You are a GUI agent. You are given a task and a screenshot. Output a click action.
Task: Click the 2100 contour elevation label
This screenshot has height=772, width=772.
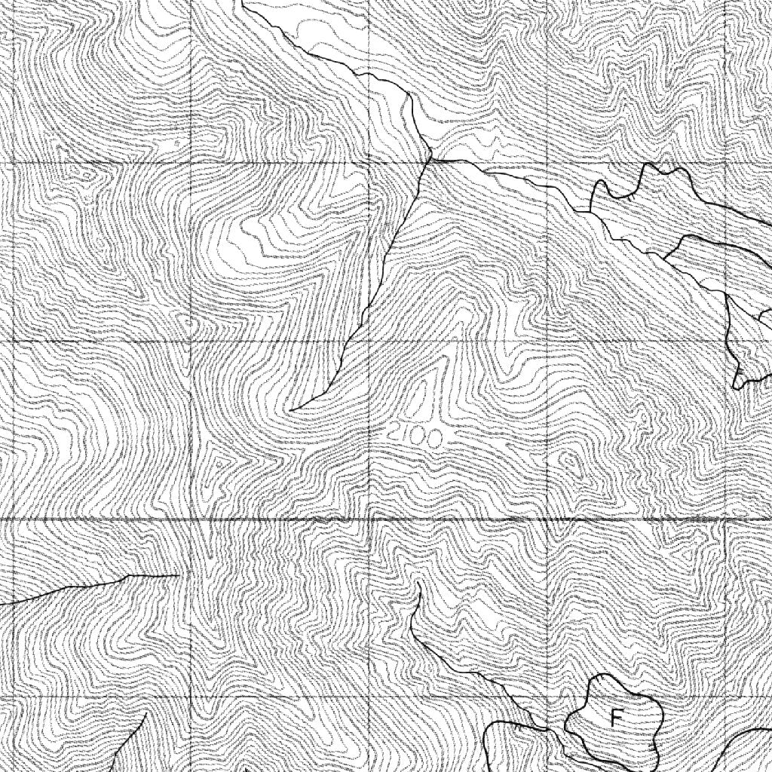click(415, 436)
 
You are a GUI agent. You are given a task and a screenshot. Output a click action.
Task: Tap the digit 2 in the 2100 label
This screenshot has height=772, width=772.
click(393, 433)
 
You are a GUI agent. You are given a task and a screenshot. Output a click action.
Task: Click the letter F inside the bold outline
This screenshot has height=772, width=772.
click(616, 718)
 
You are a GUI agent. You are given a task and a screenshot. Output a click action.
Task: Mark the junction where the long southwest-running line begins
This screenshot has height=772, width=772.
click(430, 159)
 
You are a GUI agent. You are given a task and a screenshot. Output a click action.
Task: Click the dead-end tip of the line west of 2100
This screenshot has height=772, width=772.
click(290, 410)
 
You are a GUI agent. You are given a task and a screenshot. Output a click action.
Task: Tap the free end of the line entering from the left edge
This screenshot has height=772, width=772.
click(178, 575)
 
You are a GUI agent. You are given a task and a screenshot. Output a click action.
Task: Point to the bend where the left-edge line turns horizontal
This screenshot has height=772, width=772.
click(130, 577)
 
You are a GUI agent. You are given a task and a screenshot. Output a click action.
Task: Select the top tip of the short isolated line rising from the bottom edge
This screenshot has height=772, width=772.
click(145, 712)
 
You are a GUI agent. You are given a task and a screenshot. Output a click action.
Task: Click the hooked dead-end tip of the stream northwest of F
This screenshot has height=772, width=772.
click(418, 584)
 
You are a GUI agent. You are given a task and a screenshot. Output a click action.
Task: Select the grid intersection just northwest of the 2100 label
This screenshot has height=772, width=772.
click(369, 342)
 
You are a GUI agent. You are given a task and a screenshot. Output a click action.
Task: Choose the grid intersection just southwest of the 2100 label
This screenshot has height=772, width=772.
click(369, 520)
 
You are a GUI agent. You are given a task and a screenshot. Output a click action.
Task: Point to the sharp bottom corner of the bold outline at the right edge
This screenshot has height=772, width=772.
click(736, 388)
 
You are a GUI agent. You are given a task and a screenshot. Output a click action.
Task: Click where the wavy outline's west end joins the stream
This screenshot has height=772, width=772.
click(592, 212)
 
